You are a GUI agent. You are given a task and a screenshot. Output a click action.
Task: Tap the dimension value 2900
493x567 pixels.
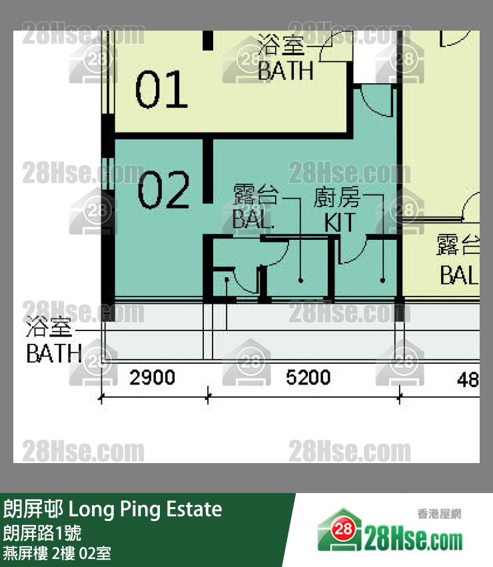(152, 378)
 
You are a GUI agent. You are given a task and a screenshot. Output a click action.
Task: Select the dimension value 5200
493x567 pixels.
(308, 378)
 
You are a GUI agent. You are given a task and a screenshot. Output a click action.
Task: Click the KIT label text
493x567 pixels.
(340, 222)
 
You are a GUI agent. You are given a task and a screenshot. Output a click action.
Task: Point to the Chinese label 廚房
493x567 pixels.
(337, 199)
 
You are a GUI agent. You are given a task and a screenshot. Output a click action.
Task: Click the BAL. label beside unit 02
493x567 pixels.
(253, 220)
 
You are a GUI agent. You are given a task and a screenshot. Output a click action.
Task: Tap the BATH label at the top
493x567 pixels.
(285, 71)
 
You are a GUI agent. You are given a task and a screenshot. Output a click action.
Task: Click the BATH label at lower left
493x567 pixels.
(54, 353)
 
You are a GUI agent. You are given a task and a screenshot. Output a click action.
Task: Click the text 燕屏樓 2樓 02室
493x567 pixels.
(57, 552)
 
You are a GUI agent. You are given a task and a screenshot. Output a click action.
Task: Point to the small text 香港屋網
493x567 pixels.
(439, 514)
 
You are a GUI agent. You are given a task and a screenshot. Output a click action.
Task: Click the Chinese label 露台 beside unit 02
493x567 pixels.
(255, 197)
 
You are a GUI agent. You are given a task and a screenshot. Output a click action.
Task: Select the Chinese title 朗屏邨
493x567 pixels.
(33, 510)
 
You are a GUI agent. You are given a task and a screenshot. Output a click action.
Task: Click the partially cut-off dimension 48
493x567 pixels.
(468, 380)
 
